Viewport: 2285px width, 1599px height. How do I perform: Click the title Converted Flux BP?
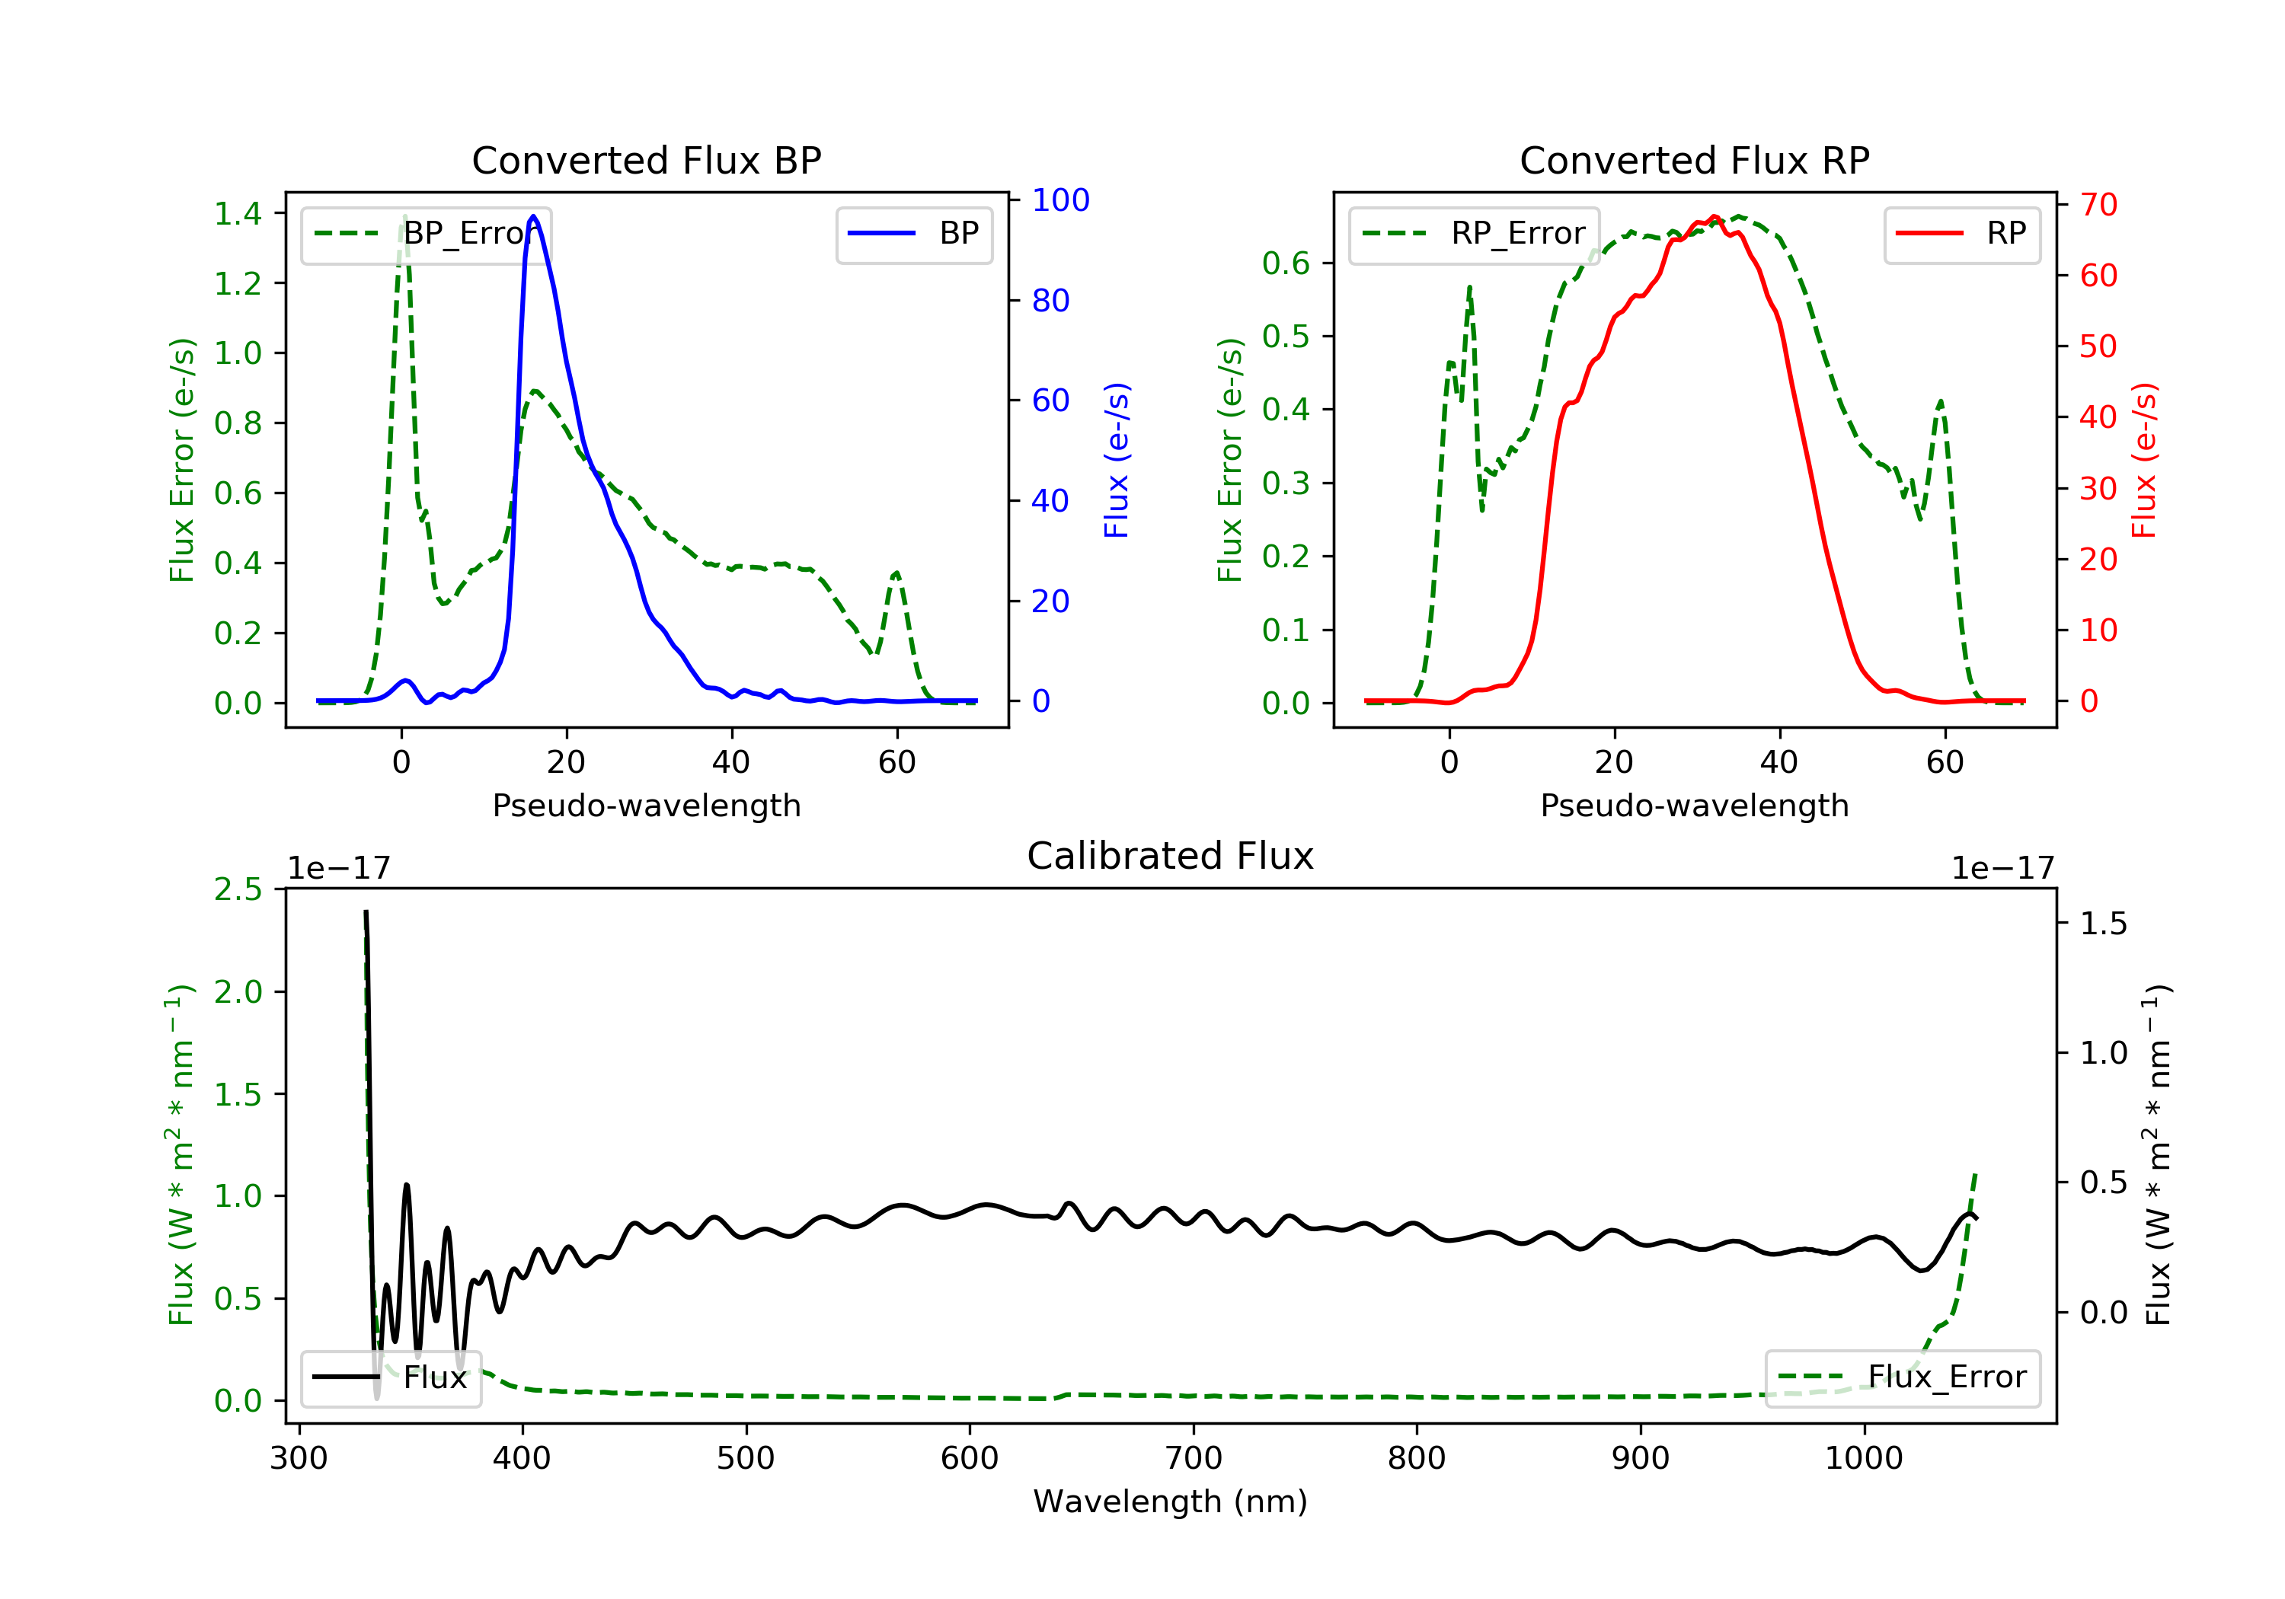pyautogui.click(x=646, y=160)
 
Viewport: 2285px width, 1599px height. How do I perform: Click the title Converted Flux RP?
pyautogui.click(x=1694, y=160)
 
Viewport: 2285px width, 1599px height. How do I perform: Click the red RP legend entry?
pyautogui.click(x=1961, y=234)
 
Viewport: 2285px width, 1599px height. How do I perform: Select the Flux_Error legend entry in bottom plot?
pyautogui.click(x=1903, y=1377)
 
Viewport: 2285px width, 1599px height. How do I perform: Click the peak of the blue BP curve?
pyautogui.click(x=533, y=216)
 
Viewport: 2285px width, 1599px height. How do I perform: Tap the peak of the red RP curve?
pyautogui.click(x=1714, y=217)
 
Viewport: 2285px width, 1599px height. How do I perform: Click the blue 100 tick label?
pyautogui.click(x=1060, y=200)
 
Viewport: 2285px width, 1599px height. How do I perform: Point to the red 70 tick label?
pyautogui.click(x=2098, y=205)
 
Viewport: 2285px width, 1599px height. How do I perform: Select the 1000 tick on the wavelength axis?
pyautogui.click(x=1863, y=1459)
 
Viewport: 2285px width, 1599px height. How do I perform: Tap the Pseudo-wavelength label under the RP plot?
pyautogui.click(x=1694, y=805)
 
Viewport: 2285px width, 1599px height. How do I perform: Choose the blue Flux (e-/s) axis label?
pyautogui.click(x=1117, y=460)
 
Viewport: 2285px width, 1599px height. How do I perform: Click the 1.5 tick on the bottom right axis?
pyautogui.click(x=2103, y=924)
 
